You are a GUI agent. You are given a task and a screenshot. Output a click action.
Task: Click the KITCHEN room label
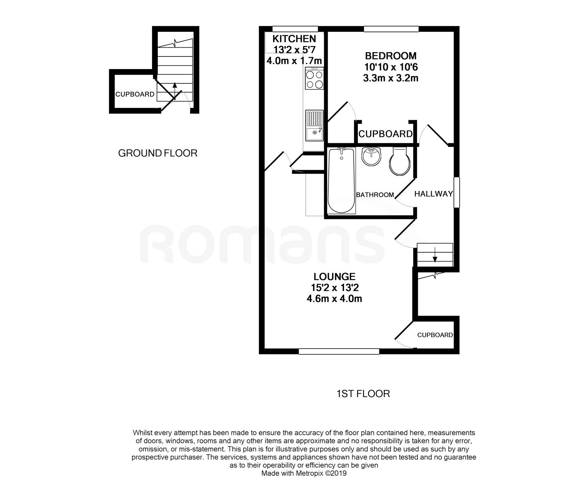(x=294, y=39)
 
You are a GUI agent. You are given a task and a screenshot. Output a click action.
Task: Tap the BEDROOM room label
(x=391, y=56)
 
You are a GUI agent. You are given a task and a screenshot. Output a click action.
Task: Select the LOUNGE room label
(x=334, y=276)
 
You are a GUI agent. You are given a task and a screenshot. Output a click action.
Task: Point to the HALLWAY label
(x=434, y=194)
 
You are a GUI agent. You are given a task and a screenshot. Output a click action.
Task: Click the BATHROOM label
(x=375, y=195)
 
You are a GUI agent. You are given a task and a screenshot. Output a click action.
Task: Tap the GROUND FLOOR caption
(x=157, y=153)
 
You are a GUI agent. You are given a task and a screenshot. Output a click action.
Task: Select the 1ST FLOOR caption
(x=363, y=394)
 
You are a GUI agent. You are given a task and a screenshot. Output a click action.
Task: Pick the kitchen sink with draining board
(x=314, y=126)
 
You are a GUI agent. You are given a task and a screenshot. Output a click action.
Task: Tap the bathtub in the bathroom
(x=341, y=180)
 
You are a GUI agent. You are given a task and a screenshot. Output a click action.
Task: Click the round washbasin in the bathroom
(x=371, y=156)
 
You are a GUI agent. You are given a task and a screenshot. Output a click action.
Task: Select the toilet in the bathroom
(x=400, y=161)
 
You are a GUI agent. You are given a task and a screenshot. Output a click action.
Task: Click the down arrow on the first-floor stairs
(x=435, y=255)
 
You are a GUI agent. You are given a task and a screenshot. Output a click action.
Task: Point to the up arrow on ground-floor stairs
(x=175, y=91)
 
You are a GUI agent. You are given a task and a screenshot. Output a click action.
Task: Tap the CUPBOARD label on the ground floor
(x=135, y=94)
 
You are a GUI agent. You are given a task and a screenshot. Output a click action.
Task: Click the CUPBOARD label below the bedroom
(x=386, y=134)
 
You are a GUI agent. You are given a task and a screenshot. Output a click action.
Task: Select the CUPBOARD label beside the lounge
(x=435, y=335)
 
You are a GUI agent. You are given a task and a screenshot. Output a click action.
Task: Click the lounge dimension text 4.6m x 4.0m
(x=334, y=298)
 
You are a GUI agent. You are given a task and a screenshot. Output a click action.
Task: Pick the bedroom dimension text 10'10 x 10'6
(x=391, y=67)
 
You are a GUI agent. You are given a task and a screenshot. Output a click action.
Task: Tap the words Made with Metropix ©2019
(x=304, y=473)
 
